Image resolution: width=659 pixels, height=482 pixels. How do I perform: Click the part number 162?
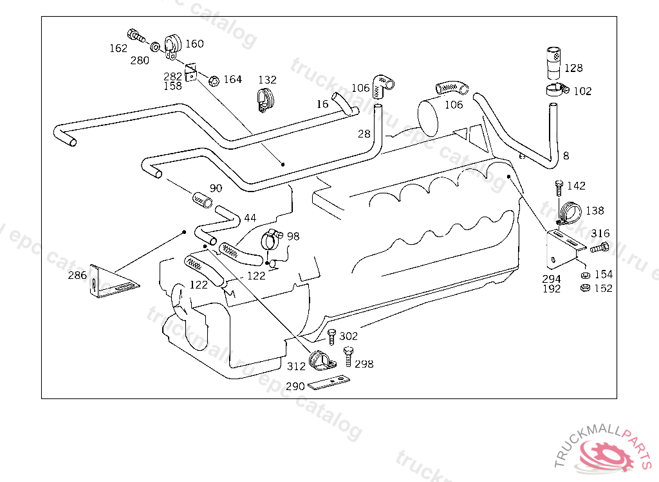(118, 48)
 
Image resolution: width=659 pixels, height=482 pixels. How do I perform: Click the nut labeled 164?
(214, 80)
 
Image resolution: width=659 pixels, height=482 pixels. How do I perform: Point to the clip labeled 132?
(265, 100)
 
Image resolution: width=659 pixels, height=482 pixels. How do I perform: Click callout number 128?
(573, 68)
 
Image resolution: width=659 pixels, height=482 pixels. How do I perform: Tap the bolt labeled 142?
(559, 188)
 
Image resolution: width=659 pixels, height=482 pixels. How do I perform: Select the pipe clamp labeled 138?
(569, 211)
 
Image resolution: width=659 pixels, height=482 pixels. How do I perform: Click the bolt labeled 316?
(599, 248)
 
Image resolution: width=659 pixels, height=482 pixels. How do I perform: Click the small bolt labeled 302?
(331, 336)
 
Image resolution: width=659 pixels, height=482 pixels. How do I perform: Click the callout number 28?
(364, 134)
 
